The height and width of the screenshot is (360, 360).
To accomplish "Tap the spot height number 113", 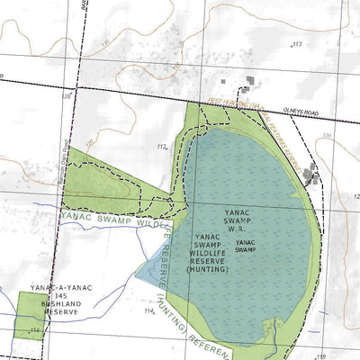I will [x=296, y=43].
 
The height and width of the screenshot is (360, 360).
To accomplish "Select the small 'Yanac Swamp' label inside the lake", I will [x=246, y=246].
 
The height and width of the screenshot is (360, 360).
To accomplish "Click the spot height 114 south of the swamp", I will [x=149, y=310].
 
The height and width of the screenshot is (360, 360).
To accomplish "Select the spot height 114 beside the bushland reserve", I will [x=35, y=330].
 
